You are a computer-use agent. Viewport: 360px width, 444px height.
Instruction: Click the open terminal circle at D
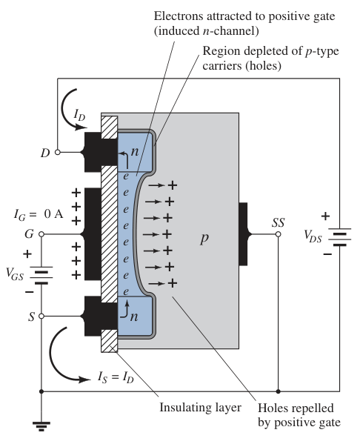coord(58,153)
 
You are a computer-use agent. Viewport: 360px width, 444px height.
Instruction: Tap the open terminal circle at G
coord(41,234)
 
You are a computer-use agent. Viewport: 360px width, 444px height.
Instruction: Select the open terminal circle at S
coord(41,316)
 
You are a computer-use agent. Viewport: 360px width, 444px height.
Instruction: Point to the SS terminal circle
coord(279,234)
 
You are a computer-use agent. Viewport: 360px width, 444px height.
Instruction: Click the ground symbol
coord(41,426)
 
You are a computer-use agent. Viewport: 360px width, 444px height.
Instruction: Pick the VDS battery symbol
coord(339,237)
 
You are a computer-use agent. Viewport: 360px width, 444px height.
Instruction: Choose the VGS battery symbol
coord(41,275)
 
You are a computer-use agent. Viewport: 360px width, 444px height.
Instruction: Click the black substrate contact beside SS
coord(244,234)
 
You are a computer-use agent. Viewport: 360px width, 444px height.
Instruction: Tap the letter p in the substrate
coord(204,239)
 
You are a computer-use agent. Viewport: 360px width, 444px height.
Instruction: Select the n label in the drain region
coord(135,152)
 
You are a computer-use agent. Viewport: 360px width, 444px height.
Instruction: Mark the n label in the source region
coord(134,317)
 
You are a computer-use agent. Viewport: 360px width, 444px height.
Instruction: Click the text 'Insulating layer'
coord(201,408)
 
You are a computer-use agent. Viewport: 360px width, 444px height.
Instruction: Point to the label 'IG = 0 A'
coord(39,215)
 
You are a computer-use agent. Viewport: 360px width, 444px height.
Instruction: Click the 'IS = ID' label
coord(116,377)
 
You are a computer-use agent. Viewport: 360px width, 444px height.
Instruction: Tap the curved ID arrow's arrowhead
coord(81,127)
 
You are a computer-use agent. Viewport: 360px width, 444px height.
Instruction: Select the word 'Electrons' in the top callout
coord(179,16)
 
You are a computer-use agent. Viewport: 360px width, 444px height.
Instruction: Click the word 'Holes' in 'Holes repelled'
coord(272,408)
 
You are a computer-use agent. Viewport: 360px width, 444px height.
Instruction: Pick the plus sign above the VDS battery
coord(325,216)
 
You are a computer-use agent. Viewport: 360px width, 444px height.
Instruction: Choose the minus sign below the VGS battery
coord(30,291)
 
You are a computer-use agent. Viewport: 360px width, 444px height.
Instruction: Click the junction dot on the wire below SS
coord(279,391)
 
